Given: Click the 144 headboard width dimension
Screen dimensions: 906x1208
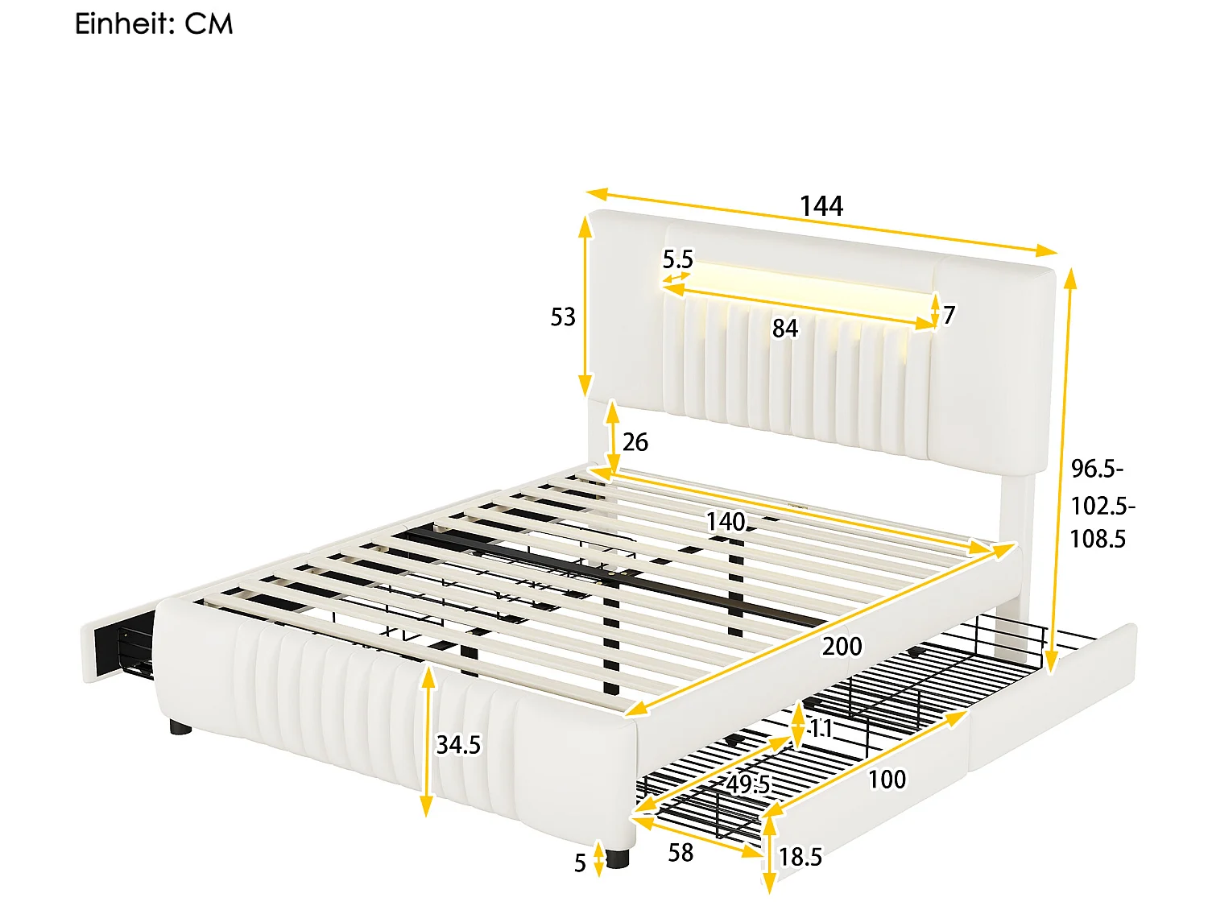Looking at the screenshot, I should tap(821, 206).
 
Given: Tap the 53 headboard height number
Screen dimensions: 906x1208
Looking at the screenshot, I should tap(563, 317).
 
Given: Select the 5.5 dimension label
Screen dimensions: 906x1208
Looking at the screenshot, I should tap(677, 259).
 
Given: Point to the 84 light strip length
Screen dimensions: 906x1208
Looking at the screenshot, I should tap(784, 329).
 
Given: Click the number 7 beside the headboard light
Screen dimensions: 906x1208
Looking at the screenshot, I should tap(949, 315).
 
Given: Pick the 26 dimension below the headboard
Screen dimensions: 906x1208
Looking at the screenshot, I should tap(635, 442).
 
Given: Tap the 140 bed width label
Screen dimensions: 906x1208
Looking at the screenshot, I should tap(726, 522).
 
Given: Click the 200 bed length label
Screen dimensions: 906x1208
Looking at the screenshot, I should tap(842, 646).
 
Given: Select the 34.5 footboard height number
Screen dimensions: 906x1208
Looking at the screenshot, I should tap(458, 745).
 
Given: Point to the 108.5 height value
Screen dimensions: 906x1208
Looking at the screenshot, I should tap(1098, 539).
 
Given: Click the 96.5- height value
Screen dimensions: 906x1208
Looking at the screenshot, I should tap(1097, 469).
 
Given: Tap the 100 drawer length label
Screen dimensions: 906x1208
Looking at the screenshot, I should tap(887, 780).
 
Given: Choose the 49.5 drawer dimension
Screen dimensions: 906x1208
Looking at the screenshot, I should tap(748, 784).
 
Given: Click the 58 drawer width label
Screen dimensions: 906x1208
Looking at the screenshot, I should tap(681, 853).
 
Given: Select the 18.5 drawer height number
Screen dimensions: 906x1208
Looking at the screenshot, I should tap(801, 857).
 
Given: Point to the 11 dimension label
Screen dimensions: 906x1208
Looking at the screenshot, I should tap(821, 729).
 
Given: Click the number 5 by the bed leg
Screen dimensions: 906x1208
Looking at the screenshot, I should tap(580, 863).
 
